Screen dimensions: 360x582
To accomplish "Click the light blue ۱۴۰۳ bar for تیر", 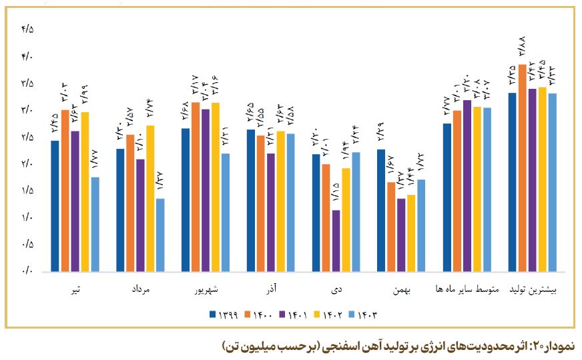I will (95, 224).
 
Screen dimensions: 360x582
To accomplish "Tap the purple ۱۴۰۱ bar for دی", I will (336, 241).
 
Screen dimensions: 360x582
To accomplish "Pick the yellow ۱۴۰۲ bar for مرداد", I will (150, 198).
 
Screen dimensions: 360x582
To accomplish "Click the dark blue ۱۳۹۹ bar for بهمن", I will (381, 210).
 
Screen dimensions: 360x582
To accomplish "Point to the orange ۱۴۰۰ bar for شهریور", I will (196, 187).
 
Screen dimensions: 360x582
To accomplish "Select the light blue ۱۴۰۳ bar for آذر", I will (290, 203).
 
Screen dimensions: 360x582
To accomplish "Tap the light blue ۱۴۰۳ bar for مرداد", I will (160, 235).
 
